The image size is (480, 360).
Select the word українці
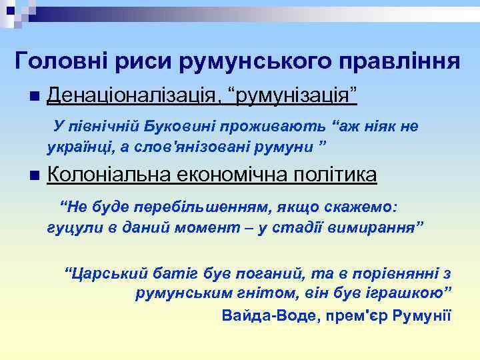tap(76, 145)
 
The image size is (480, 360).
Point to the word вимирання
tap(380, 227)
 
